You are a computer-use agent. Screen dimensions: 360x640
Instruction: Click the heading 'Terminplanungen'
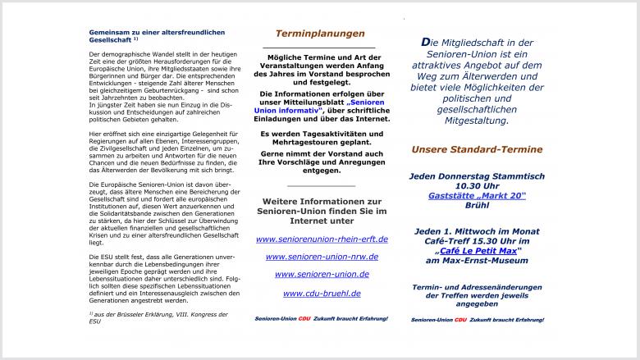[x=320, y=34]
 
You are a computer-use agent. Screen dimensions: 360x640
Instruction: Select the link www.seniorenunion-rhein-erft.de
[x=322, y=239]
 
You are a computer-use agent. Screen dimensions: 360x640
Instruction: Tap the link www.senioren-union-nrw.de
[x=322, y=257]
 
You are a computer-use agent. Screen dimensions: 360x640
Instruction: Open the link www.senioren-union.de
[x=322, y=275]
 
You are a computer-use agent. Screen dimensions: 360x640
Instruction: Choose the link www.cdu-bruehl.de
[x=322, y=293]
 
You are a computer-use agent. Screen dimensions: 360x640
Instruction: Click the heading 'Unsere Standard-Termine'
[x=477, y=150]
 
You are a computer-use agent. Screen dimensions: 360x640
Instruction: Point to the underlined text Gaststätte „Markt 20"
[x=477, y=195]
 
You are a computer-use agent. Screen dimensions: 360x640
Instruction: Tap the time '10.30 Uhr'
[x=477, y=185]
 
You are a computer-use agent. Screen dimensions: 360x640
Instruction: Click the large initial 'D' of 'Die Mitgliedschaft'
[x=425, y=42]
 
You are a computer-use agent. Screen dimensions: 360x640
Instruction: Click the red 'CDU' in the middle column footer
[x=305, y=318]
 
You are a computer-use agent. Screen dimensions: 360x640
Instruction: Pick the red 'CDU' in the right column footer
[x=460, y=319]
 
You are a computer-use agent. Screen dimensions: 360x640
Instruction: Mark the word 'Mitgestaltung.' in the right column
[x=477, y=120]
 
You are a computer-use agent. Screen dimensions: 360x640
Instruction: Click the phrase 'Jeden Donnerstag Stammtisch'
[x=477, y=175]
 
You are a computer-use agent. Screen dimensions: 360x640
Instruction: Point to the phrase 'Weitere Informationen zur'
[x=322, y=201]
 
